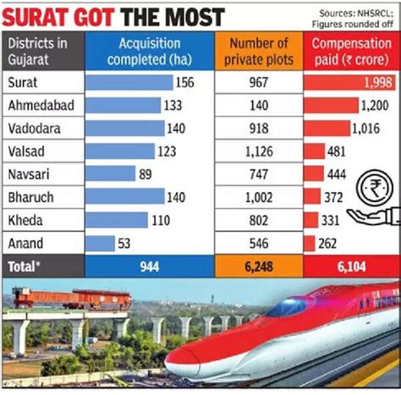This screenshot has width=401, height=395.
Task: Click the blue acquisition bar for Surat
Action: tap(128, 83)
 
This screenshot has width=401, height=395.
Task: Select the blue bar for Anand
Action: tap(101, 244)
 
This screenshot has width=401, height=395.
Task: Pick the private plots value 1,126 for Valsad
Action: tap(257, 151)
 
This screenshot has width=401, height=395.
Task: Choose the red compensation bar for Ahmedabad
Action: tap(331, 106)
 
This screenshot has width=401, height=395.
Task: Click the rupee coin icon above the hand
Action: tap(372, 189)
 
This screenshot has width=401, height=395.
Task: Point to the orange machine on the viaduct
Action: tap(72, 299)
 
